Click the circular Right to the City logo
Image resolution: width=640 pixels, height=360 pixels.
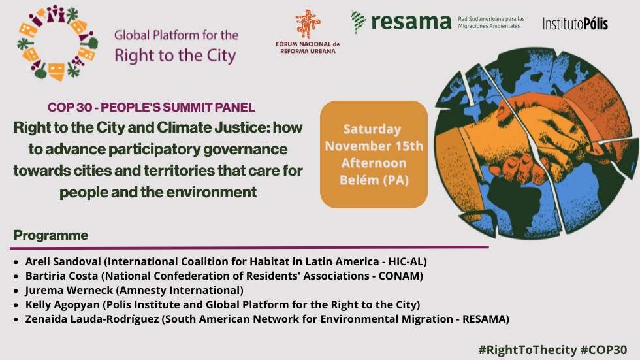(57, 43)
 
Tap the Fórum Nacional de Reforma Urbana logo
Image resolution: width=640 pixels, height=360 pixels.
(308, 32)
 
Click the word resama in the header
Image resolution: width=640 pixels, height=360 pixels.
(411, 22)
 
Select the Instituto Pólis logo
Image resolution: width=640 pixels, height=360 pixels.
(575, 24)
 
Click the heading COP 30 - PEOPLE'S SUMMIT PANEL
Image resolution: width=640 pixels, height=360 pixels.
(152, 107)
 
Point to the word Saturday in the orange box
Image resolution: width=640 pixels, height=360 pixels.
(372, 129)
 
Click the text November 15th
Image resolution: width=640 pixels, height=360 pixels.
(374, 146)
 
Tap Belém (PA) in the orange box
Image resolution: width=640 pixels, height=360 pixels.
(374, 180)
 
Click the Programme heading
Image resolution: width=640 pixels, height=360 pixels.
(51, 235)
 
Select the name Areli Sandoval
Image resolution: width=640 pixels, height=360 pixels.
(63, 261)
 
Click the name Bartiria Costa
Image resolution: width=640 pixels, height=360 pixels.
(61, 276)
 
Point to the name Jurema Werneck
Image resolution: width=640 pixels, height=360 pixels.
(69, 290)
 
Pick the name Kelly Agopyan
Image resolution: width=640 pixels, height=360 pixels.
(63, 304)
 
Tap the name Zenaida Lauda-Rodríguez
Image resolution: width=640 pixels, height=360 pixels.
(92, 319)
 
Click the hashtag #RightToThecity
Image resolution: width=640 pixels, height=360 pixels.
(528, 350)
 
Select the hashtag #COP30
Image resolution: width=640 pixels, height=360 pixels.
(603, 350)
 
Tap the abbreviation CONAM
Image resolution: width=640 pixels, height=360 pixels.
(399, 276)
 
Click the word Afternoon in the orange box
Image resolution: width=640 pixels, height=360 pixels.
(374, 163)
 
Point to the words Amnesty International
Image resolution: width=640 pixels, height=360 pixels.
(180, 290)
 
